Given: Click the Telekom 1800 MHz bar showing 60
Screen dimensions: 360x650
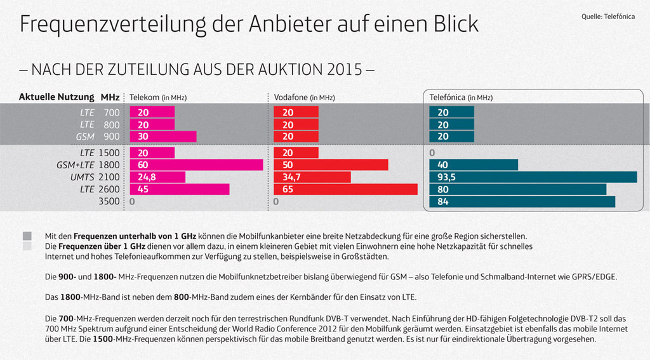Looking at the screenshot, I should tap(196, 165).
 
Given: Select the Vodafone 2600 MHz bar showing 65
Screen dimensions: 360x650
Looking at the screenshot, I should tap(345, 189).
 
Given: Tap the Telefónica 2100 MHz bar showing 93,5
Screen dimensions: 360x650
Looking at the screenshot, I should tap(533, 177).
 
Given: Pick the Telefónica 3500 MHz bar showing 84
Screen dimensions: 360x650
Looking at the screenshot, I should tap(522, 202).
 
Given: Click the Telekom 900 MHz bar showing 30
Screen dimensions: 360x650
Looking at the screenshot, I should tap(163, 137).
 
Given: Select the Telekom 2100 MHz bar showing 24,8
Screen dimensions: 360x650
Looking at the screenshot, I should tap(157, 177).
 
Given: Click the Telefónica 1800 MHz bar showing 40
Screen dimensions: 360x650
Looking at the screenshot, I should tap(474, 165).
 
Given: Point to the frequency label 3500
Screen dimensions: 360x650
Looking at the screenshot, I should tap(107, 202).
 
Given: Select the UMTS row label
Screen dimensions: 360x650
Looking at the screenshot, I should tap(82, 177).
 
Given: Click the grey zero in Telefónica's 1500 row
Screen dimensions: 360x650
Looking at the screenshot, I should tap(432, 153).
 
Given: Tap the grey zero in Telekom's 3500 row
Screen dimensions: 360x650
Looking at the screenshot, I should tap(132, 202).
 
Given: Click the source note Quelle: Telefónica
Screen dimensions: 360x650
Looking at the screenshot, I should tap(607, 17).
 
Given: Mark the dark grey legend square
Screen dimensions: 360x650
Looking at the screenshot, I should tap(27, 236).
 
